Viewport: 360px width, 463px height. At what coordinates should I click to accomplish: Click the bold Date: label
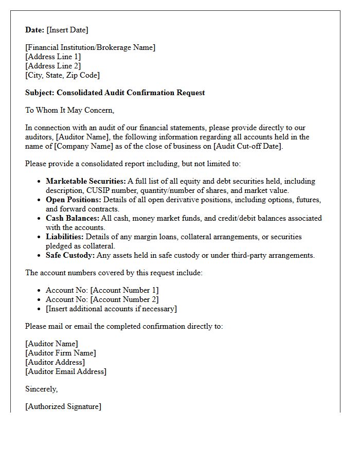tap(35, 30)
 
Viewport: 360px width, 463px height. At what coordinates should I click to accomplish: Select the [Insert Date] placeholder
tap(67, 30)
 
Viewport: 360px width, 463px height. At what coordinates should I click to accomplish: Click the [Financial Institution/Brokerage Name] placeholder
tap(90, 47)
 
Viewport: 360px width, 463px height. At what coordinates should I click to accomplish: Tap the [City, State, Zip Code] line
tap(62, 75)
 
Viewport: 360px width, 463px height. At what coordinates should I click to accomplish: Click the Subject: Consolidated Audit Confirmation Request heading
tap(115, 93)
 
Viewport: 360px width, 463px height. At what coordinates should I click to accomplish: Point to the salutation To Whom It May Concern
tap(69, 110)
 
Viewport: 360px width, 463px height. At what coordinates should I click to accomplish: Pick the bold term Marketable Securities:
tap(85, 181)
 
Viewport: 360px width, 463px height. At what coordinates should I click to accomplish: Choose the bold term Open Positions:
tap(74, 200)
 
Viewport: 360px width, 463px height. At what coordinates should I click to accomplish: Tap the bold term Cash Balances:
tap(73, 218)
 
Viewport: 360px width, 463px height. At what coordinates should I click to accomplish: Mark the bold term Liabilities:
tap(65, 237)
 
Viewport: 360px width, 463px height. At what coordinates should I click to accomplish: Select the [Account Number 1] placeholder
tap(124, 290)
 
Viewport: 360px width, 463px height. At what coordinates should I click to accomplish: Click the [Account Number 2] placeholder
tap(124, 299)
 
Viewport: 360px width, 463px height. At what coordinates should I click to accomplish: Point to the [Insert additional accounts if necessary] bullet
tap(111, 309)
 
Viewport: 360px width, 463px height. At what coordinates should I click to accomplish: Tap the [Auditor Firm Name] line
tap(61, 353)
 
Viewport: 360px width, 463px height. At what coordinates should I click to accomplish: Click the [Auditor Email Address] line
tap(66, 371)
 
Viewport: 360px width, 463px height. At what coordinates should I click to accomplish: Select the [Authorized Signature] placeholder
tap(63, 406)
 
